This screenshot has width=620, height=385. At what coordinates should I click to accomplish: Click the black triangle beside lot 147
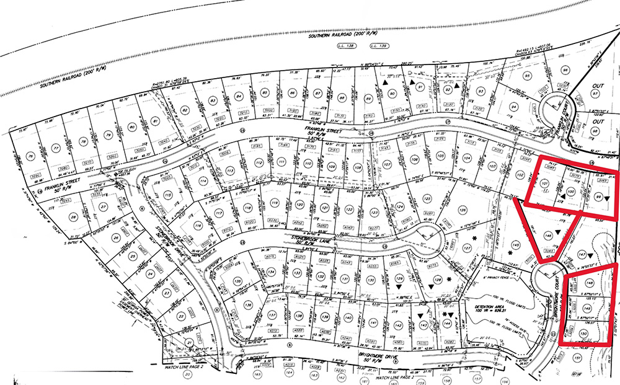pos(598,254)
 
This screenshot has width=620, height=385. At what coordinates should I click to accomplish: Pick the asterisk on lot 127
pos(457,238)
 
